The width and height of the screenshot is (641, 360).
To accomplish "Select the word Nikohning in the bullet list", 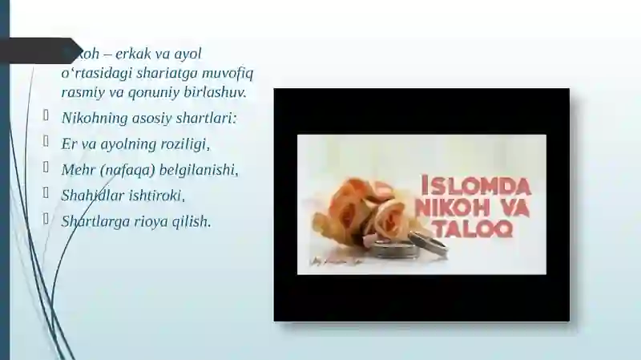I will point(92,119).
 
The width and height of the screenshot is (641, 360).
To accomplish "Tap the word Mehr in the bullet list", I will point(77,170).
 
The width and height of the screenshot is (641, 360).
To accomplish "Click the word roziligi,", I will point(183,144).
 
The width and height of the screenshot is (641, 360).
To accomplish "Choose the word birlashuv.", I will point(212,92).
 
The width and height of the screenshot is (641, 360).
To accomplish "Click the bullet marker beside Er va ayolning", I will point(48,142).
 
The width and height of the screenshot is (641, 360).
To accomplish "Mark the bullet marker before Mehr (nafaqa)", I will point(48,168).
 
